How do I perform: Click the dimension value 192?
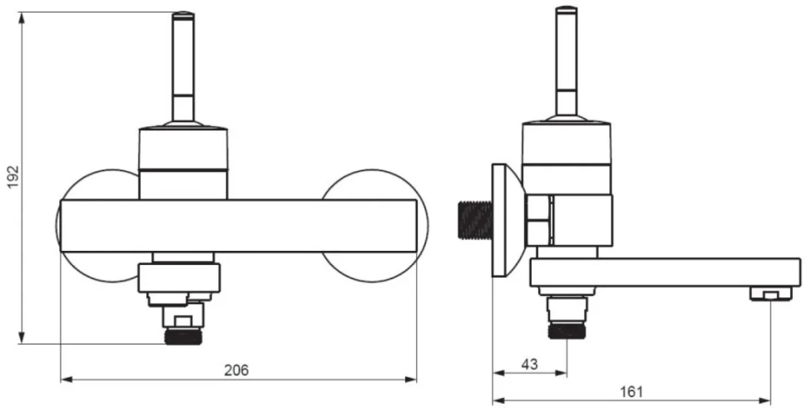[x=12, y=177]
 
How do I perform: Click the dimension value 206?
[x=236, y=370]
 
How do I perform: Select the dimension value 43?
[x=529, y=364]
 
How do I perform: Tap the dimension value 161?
[x=631, y=392]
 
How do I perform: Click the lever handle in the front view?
[x=183, y=66]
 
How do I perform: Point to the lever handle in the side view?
[x=566, y=61]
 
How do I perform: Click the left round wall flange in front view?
[x=98, y=226]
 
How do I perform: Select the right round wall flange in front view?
[x=374, y=226]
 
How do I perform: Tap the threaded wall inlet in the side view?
[x=474, y=221]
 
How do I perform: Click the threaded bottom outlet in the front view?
[x=183, y=336]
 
